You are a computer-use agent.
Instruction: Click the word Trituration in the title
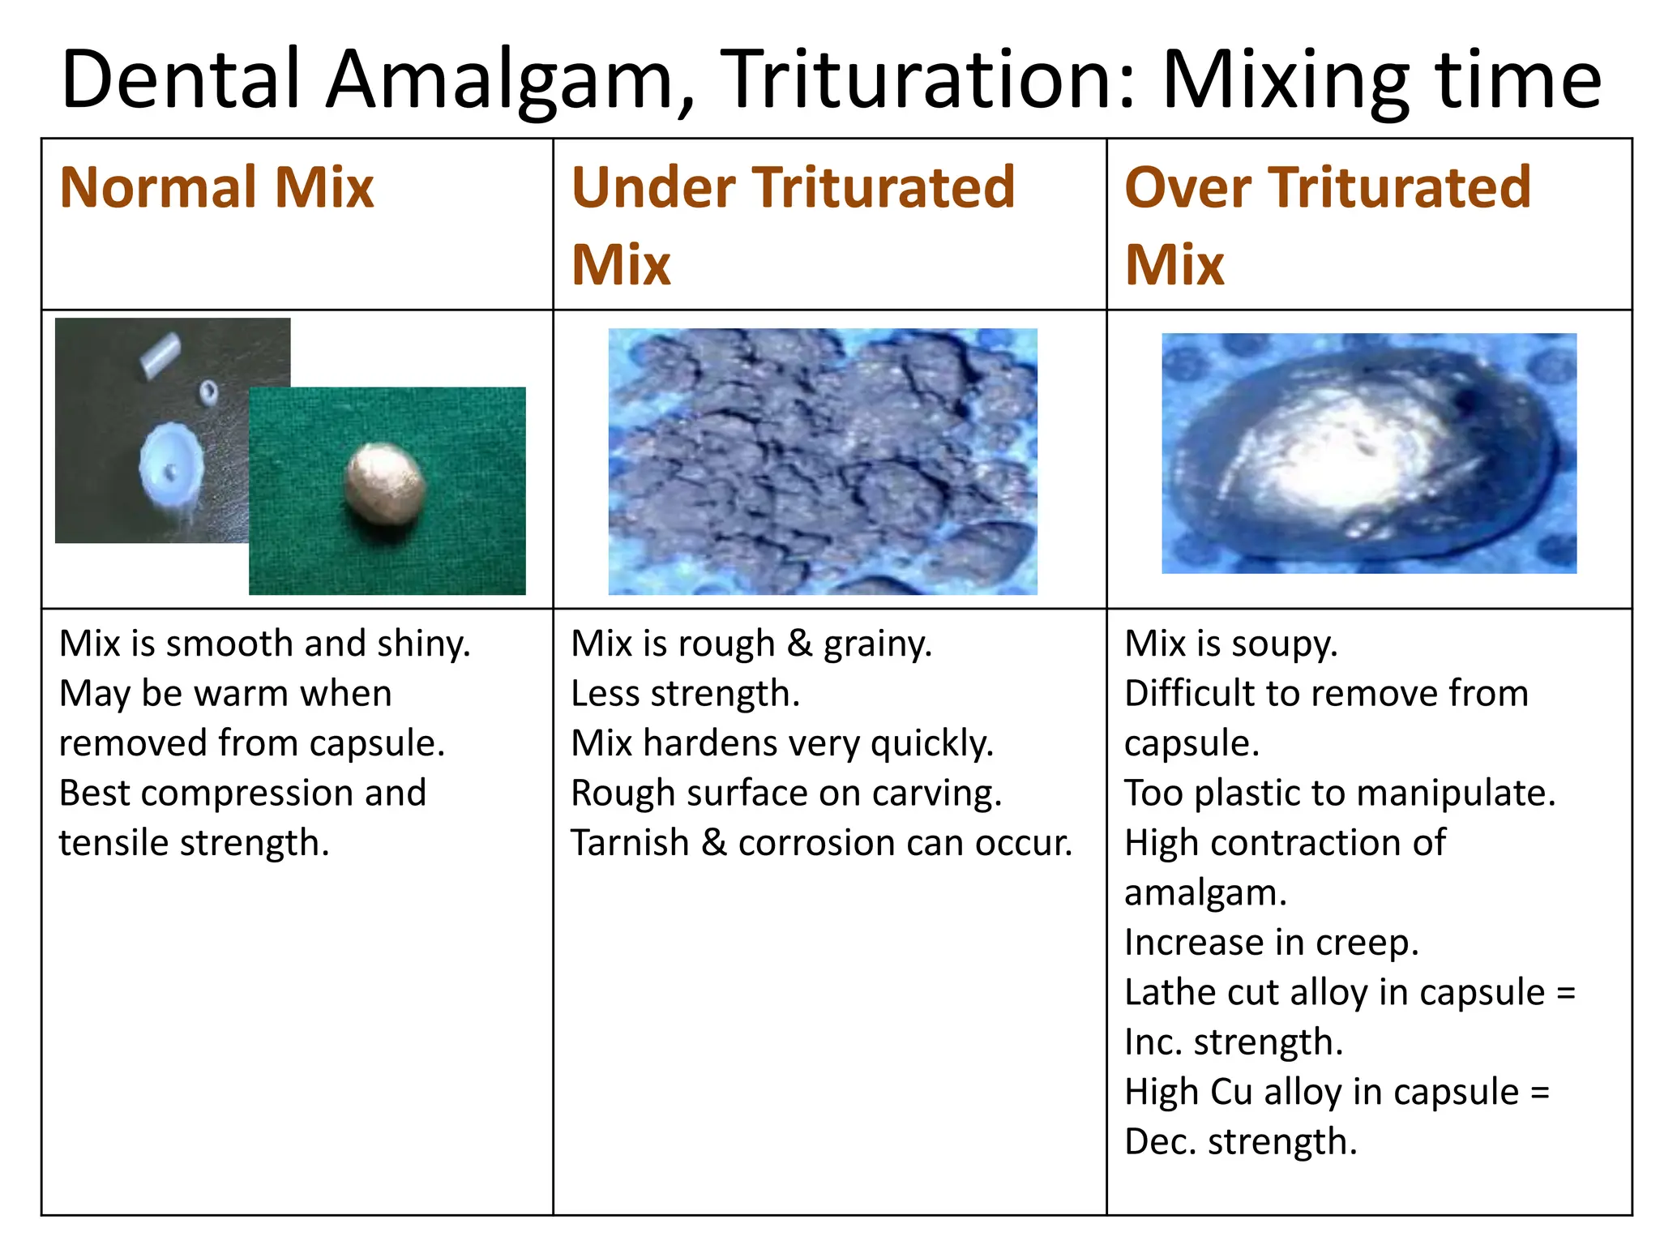point(928,79)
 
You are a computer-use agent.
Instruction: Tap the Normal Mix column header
point(216,188)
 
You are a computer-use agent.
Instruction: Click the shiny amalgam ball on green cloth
point(384,485)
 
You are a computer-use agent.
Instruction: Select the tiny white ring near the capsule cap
point(208,392)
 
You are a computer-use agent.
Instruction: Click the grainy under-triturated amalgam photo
point(822,460)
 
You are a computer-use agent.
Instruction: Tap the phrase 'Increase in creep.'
point(1271,943)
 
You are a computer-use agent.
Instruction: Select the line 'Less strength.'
point(685,694)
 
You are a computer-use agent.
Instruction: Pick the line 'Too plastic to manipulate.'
point(1339,793)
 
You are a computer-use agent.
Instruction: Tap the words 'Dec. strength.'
point(1240,1141)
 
